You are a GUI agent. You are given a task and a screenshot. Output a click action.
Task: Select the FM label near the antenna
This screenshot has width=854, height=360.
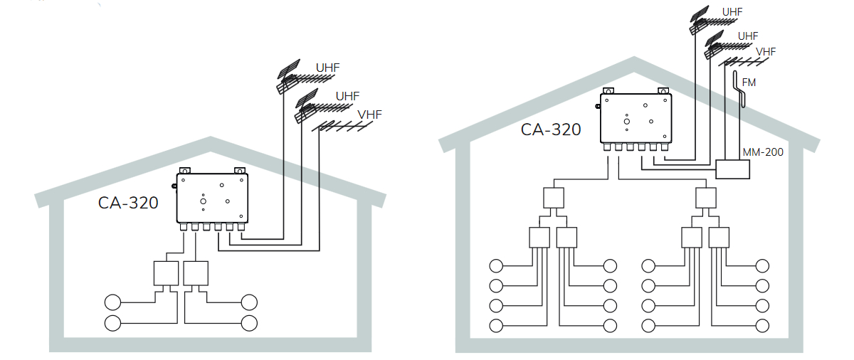coord(749,83)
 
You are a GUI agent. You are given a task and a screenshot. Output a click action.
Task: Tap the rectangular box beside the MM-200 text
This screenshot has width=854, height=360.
coord(732,169)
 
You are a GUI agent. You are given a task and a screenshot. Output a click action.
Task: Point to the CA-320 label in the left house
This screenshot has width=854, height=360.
coord(128,202)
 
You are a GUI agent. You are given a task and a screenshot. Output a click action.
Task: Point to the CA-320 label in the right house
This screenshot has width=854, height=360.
coord(551,129)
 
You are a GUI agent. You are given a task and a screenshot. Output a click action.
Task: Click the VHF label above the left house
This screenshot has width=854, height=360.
coord(369,115)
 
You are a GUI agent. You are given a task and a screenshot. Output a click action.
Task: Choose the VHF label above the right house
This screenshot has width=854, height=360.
coord(766,51)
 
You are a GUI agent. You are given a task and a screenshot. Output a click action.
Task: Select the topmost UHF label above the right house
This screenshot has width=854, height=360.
coord(732,12)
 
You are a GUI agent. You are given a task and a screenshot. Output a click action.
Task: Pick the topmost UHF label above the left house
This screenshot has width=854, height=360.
coord(328,68)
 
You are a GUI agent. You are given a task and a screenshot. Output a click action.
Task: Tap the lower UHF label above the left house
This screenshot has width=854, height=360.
coord(347,95)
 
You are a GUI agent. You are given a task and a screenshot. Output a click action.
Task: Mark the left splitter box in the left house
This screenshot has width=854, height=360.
coord(166,273)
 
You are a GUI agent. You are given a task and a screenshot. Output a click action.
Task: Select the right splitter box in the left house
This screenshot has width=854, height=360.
coord(196,273)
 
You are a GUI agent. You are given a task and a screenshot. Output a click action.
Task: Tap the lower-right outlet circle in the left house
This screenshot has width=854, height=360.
coord(249,323)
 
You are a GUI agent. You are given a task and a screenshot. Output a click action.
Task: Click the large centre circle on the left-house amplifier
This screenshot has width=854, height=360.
coord(203,202)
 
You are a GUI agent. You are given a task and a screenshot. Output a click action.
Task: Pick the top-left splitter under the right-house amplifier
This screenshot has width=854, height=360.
coord(554,197)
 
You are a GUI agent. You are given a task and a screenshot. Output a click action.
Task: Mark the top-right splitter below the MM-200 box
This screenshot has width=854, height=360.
coord(706,197)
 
